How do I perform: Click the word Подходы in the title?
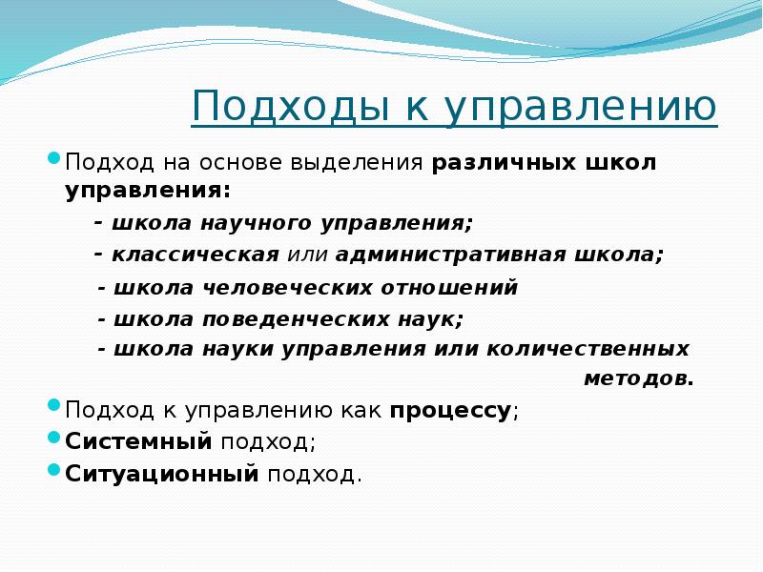(x=291, y=107)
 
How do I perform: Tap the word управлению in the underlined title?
(x=581, y=108)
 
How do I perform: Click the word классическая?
(x=196, y=255)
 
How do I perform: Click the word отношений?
(x=448, y=288)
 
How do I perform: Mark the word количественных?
(x=588, y=349)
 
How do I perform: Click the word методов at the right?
(x=638, y=378)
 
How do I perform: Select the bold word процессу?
(x=450, y=411)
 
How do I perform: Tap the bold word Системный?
(x=138, y=441)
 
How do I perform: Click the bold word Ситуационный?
(x=161, y=474)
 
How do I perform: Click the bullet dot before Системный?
(x=54, y=437)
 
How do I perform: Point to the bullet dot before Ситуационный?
(x=54, y=469)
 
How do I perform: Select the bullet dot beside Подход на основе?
(x=54, y=157)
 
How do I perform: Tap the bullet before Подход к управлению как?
(x=54, y=404)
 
